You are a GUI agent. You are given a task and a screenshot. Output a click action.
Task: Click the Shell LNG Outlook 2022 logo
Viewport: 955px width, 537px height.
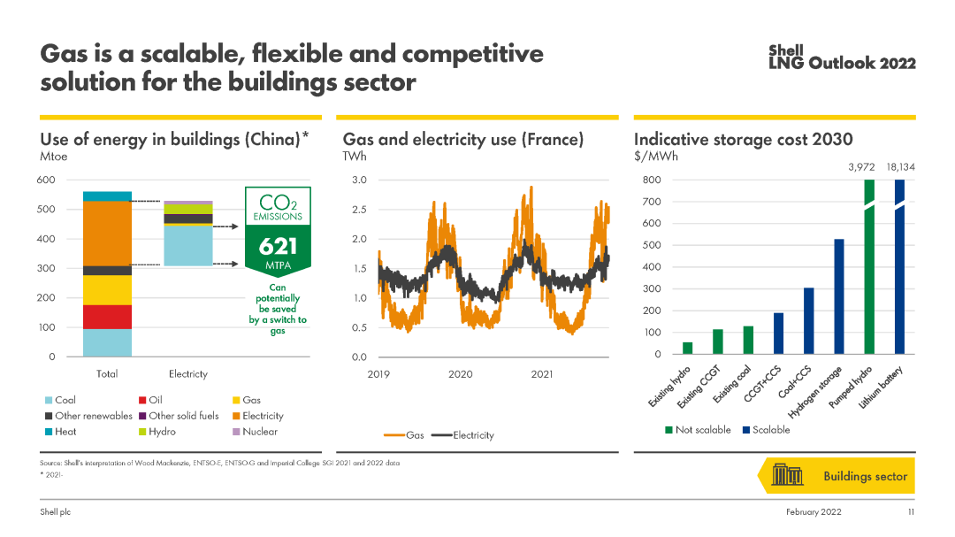click(x=842, y=58)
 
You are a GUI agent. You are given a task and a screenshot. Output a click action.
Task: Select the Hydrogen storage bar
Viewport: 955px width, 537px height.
click(x=839, y=296)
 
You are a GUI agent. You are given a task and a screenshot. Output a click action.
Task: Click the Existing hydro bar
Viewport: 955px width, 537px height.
click(x=687, y=348)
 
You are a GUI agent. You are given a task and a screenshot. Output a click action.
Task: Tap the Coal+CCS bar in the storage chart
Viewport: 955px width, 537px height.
click(x=809, y=320)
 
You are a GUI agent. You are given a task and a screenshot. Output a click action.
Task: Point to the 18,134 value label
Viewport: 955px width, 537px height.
click(x=900, y=166)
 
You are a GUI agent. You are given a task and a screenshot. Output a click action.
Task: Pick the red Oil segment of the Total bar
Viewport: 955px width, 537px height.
click(x=107, y=317)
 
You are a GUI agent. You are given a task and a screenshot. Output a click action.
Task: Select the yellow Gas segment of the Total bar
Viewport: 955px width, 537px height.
click(x=107, y=290)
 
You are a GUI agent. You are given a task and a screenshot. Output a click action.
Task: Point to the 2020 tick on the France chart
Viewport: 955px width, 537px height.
click(x=460, y=374)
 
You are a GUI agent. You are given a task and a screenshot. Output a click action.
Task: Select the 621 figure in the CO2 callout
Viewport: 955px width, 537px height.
click(x=279, y=247)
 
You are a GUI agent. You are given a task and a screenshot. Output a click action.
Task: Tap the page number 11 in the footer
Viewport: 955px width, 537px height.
click(x=910, y=512)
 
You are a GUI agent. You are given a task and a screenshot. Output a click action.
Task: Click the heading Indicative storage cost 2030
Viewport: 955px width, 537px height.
click(x=743, y=140)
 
